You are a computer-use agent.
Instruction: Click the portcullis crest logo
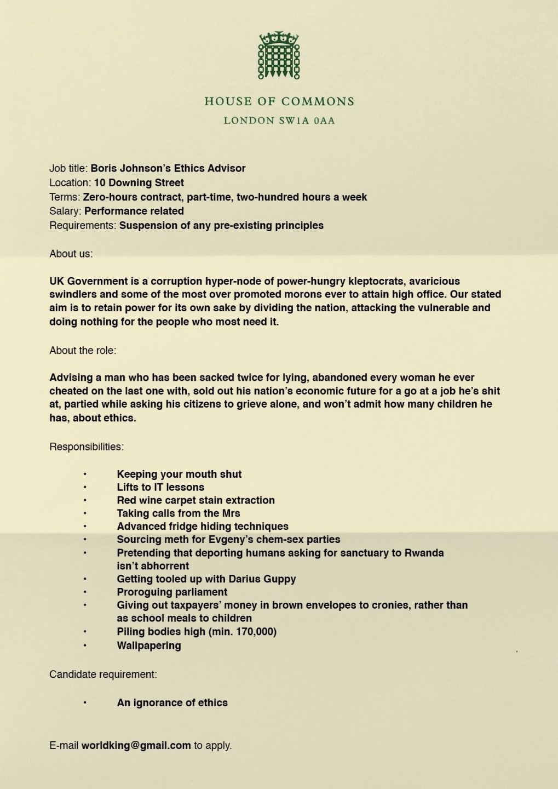point(279,55)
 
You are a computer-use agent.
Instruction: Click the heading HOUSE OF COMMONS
point(279,101)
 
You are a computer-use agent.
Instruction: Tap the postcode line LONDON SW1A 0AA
point(279,121)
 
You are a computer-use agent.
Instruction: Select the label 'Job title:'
point(68,168)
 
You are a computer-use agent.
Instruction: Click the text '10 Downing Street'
point(139,182)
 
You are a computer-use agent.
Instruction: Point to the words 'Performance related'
point(134,211)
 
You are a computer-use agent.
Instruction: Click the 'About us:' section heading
point(71,254)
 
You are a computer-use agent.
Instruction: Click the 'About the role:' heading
point(83,350)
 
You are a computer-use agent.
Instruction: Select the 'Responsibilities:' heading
point(87,447)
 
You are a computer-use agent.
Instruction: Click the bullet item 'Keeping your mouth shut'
point(179,474)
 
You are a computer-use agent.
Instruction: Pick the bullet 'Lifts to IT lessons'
point(160,487)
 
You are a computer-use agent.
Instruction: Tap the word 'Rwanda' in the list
point(424,552)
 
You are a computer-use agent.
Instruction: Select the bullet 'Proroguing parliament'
point(172,592)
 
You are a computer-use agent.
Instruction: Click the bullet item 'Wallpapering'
point(149,645)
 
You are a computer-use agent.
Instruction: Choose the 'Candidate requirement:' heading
point(103,674)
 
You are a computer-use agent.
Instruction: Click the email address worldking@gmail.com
point(136,745)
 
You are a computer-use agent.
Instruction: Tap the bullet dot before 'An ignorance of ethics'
point(85,702)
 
